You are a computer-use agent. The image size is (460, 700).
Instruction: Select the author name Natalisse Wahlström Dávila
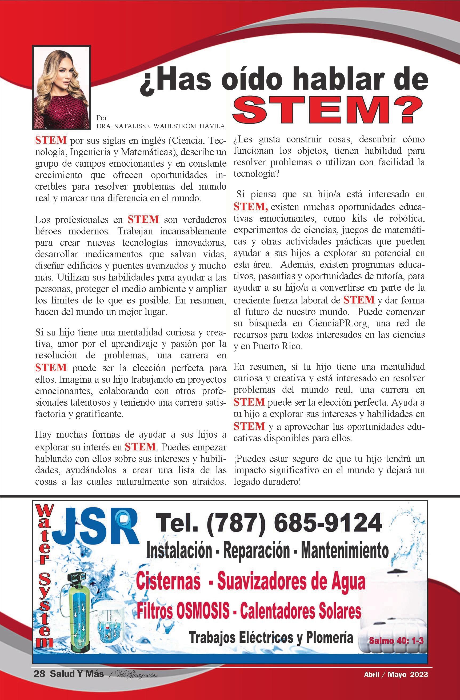tap(161, 126)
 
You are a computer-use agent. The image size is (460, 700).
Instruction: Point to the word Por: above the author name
tap(103, 118)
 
